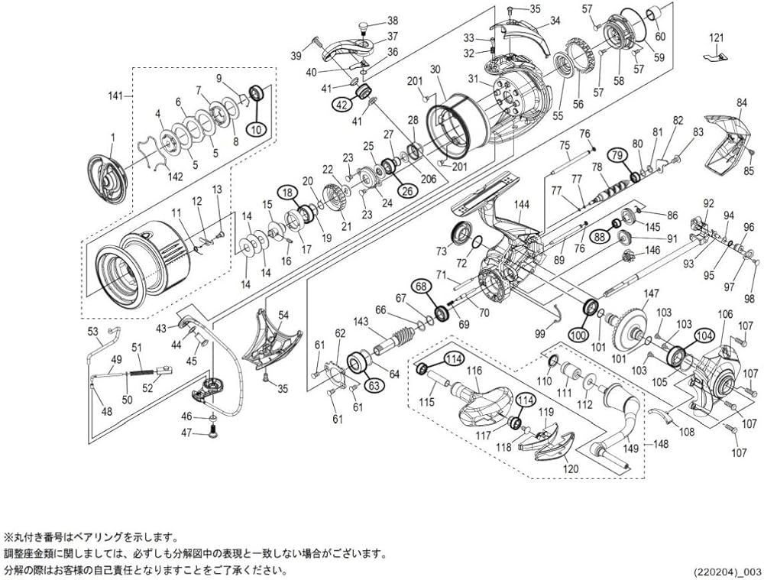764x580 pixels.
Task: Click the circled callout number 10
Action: (x=256, y=129)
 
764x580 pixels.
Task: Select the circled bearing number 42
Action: (x=341, y=105)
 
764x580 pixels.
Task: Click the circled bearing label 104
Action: (x=704, y=334)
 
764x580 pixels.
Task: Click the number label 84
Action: (x=741, y=102)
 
